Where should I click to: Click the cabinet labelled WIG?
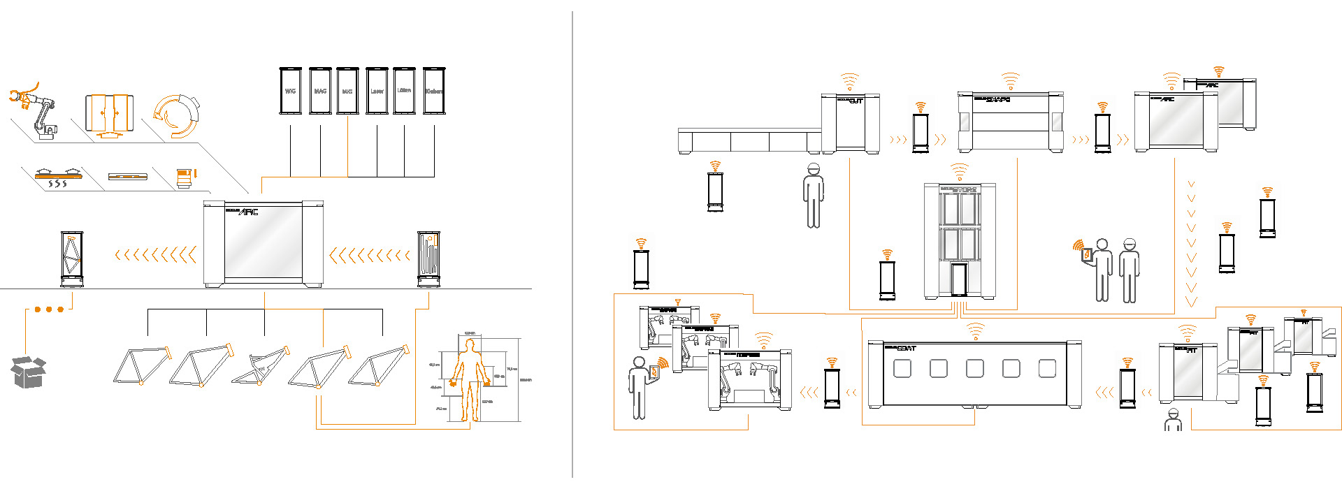pos(290,91)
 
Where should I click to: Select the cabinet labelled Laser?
pos(377,91)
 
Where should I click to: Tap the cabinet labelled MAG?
pos(320,91)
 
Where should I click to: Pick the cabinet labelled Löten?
pos(404,91)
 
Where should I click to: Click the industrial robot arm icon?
pos(35,112)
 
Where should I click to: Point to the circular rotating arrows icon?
pos(176,115)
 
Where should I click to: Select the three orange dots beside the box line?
pos(49,309)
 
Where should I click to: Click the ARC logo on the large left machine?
pos(249,212)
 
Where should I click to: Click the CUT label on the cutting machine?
pos(856,101)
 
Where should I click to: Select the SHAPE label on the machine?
pos(997,100)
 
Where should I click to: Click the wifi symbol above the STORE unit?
pos(959,170)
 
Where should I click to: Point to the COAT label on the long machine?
pos(906,348)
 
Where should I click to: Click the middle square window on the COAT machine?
pos(974,368)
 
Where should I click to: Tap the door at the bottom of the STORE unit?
pos(959,279)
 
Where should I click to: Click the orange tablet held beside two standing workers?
pos(1087,255)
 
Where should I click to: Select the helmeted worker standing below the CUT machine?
pos(813,196)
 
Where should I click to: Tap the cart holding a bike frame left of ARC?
pos(72,258)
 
